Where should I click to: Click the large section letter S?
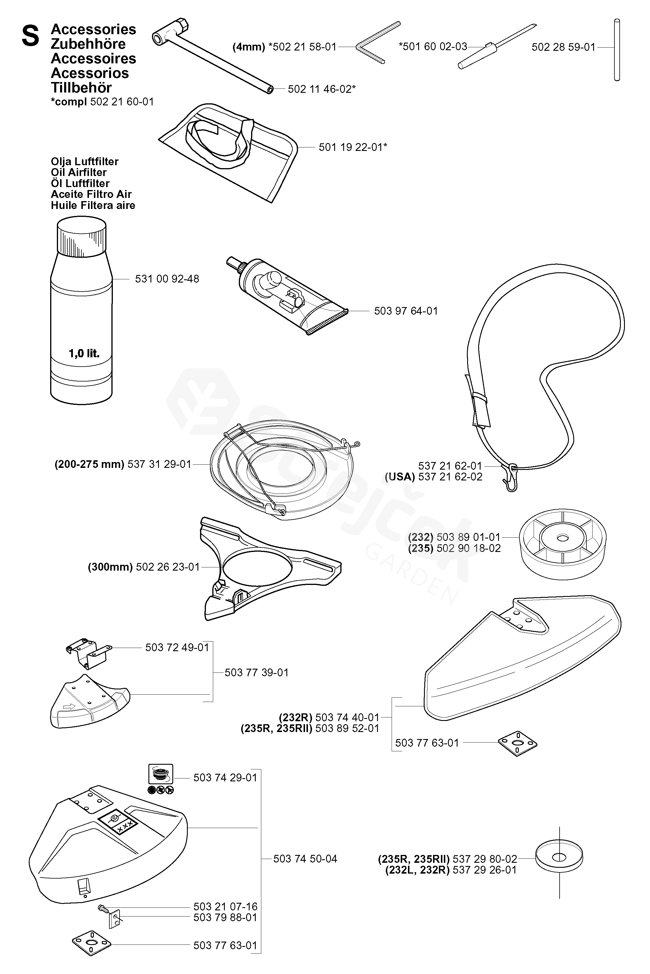(31, 36)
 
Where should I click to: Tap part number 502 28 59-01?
(563, 47)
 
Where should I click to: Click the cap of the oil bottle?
(81, 236)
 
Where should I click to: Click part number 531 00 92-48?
(167, 279)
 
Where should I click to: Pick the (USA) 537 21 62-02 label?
(434, 477)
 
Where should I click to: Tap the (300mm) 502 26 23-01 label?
(144, 567)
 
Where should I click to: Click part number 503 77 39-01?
(257, 672)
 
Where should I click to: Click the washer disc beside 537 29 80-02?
(559, 859)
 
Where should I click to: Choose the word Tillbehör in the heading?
(81, 88)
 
